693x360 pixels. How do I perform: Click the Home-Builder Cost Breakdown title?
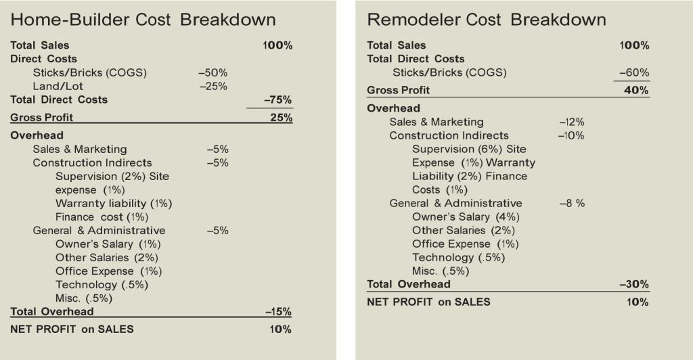coord(143,20)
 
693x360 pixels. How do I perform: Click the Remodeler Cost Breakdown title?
coord(486,20)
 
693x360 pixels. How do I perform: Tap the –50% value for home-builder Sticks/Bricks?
coord(213,72)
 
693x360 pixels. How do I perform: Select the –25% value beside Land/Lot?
coord(213,86)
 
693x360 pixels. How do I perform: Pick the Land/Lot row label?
coord(58,86)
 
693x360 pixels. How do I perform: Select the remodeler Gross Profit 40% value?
coord(636,90)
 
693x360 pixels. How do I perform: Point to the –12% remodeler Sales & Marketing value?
coord(571,122)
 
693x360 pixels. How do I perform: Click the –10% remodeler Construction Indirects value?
coord(571,135)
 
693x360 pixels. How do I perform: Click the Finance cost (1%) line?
coord(102,217)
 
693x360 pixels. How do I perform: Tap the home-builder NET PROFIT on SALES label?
coord(72,330)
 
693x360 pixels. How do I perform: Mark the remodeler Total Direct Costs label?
coord(416,59)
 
